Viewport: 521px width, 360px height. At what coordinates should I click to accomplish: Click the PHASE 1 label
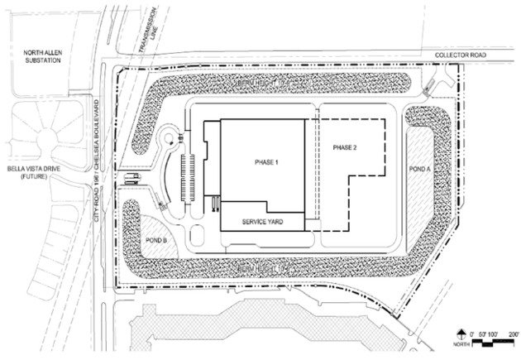[x=264, y=162]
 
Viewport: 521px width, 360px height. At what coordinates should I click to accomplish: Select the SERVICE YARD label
[x=263, y=223]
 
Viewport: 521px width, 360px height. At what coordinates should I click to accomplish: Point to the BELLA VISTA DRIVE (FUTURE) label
[x=30, y=171]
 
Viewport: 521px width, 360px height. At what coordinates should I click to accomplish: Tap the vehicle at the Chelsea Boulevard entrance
[x=131, y=177]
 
